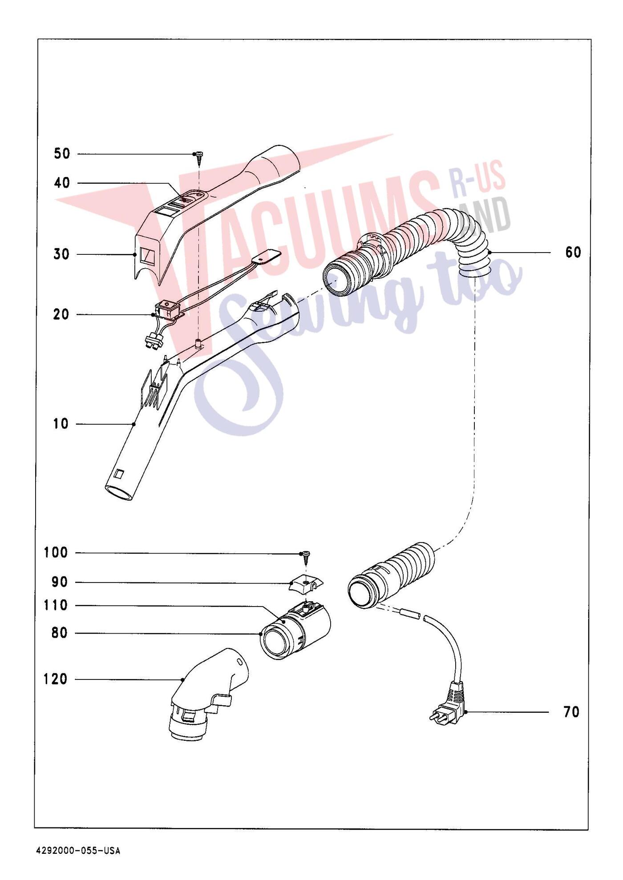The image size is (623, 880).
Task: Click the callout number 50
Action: pos(62,154)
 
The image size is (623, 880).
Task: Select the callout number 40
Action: pos(62,183)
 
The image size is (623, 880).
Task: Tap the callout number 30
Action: pos(62,254)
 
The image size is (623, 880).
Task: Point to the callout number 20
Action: pos(61,314)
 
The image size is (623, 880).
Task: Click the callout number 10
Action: pos(61,424)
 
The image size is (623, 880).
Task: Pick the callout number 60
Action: pos(573,253)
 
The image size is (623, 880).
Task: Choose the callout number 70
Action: pos(572,712)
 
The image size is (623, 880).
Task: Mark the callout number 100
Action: pos(56,553)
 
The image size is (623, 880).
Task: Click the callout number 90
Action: pos(60,582)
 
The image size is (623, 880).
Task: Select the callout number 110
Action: pos(56,605)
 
